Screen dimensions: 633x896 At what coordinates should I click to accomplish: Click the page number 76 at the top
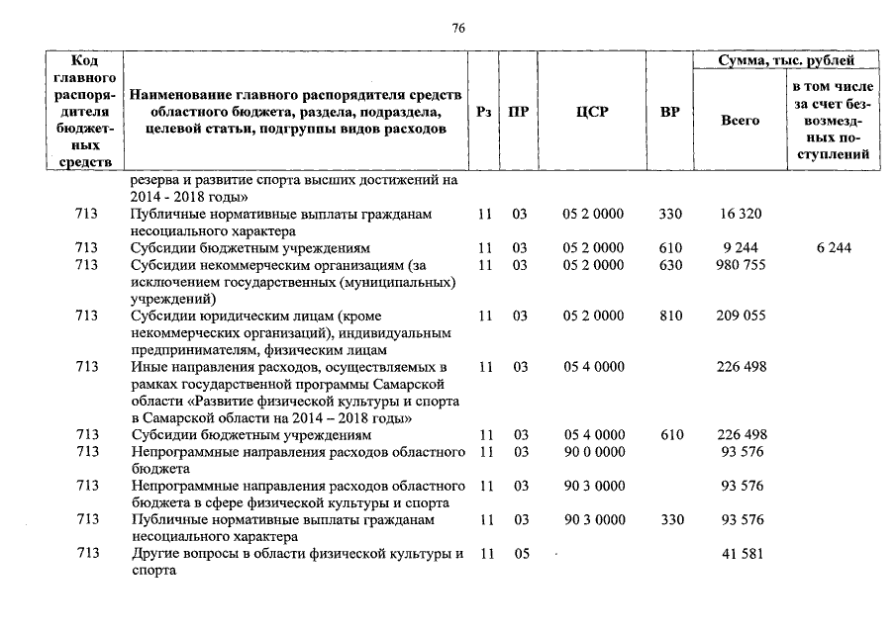coord(458,28)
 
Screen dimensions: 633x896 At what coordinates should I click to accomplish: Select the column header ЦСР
coord(592,113)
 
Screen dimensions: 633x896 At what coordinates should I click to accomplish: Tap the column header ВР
coord(669,113)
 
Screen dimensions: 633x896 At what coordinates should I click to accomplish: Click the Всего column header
coord(740,120)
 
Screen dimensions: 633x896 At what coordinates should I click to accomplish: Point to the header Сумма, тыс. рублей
coord(784,61)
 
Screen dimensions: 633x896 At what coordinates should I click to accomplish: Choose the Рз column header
coord(483,113)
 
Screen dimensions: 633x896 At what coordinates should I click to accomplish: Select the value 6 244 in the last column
coord(833,248)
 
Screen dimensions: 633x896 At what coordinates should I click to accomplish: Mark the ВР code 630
coord(670,265)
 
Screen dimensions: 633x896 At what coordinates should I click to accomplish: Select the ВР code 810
coord(670,316)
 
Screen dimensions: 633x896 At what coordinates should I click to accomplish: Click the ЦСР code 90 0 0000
coord(593,453)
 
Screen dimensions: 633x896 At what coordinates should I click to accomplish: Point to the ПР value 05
coord(521,554)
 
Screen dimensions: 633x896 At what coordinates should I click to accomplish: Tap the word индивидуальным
coord(395,333)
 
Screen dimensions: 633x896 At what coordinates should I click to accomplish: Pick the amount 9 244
coord(740,248)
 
